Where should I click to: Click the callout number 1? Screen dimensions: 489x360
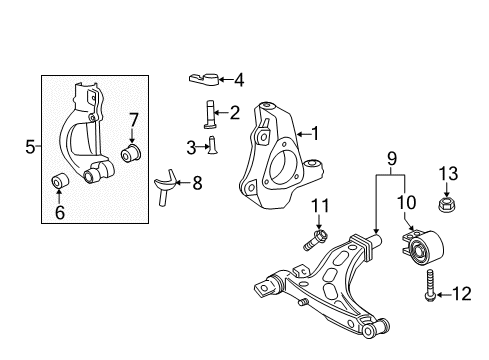315,134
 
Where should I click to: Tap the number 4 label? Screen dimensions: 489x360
239,80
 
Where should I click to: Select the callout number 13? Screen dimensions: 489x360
448,174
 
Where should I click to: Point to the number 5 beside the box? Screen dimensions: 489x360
30,147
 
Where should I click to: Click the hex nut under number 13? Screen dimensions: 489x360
446,204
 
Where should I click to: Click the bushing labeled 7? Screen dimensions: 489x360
131,154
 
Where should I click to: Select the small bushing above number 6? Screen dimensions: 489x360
60,180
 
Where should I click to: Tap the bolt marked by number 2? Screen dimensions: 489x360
209,114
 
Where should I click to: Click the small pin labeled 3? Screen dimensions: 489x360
211,145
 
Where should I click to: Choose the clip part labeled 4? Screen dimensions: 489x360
203,79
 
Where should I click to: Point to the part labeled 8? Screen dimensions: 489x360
165,187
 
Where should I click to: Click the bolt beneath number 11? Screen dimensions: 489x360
315,239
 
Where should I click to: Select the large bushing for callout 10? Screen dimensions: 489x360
423,247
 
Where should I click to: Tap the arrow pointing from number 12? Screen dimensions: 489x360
444,295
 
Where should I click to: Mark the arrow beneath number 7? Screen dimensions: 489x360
133,136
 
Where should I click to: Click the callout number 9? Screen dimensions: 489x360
392,159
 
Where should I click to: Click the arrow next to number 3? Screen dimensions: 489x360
202,146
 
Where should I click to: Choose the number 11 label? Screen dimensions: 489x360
320,206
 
